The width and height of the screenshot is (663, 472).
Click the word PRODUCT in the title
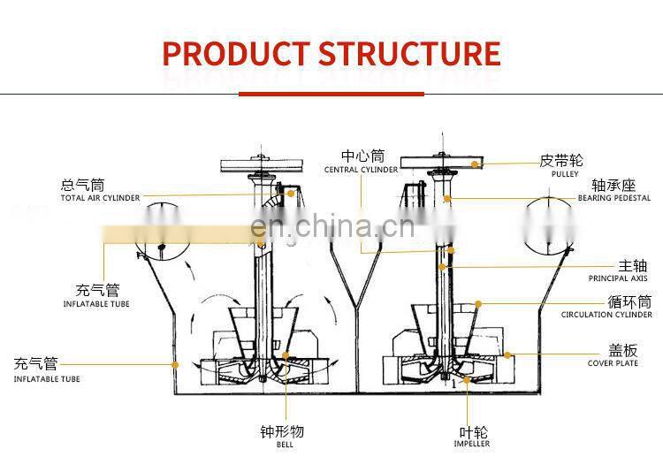235,54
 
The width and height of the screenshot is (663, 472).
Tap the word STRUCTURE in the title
409,54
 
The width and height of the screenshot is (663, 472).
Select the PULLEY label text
565,174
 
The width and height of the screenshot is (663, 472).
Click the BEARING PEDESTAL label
614,198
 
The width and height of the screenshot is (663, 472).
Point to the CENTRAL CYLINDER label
361,170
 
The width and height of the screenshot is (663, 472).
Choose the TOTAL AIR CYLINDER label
100,198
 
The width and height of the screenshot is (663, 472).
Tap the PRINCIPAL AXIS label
618,278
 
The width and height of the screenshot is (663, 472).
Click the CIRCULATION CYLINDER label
606,315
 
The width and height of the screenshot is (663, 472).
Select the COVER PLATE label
613,363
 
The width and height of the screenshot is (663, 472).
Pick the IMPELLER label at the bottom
472,444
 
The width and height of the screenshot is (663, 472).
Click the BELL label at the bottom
285,445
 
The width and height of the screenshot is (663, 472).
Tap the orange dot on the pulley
475,164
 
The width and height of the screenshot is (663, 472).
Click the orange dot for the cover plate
507,355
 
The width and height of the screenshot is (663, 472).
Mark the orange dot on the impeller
467,380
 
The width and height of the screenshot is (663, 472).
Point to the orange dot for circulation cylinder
478,304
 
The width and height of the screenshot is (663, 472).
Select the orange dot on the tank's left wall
175,364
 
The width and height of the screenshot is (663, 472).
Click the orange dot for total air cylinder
291,194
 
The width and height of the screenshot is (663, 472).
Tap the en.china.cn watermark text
332,226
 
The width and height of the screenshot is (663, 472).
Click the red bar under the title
331,94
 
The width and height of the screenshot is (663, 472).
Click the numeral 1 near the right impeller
454,384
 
